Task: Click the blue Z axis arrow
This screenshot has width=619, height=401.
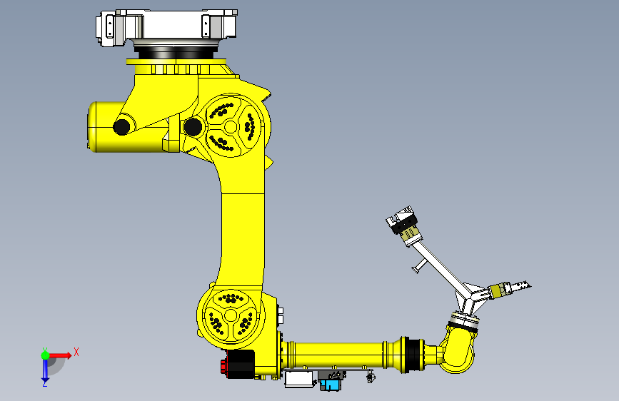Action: (x=45, y=370)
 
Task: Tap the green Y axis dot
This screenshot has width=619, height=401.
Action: (x=45, y=355)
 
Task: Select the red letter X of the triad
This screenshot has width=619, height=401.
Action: (x=76, y=352)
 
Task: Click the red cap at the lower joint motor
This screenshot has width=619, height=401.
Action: (x=225, y=367)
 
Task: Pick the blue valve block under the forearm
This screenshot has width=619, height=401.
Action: (x=331, y=385)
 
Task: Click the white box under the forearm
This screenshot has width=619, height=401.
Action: (x=299, y=380)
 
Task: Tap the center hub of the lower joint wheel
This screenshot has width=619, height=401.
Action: (x=230, y=315)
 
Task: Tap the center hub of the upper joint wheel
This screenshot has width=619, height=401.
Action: (x=231, y=127)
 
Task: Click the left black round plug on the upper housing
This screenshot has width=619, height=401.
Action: (x=121, y=127)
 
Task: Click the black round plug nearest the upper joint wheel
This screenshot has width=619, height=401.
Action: (x=192, y=127)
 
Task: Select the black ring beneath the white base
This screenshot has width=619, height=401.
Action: (x=174, y=52)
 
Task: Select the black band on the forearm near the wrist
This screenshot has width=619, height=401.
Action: (x=410, y=354)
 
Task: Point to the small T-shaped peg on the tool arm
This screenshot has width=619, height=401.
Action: (x=417, y=267)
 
